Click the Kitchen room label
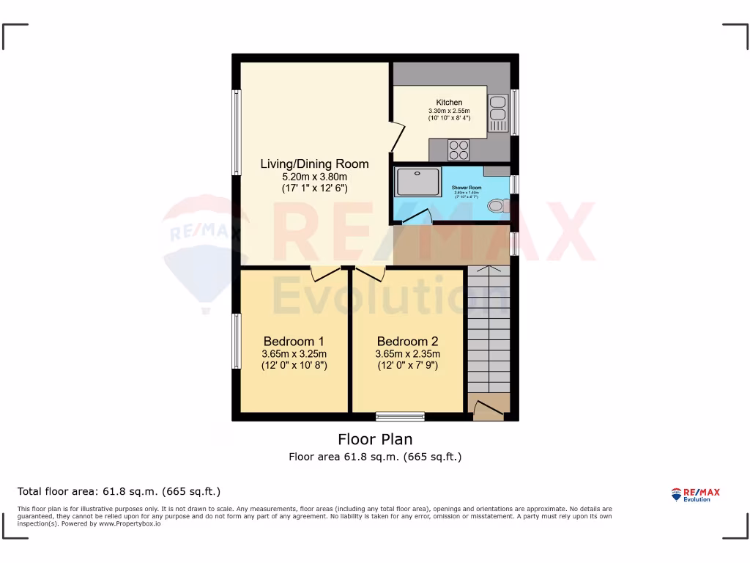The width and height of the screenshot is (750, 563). (449, 102)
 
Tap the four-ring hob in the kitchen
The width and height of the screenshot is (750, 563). (459, 150)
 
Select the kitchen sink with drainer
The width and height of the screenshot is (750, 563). (497, 113)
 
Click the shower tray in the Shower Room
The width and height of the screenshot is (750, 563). (419, 182)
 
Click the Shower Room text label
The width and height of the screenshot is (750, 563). (467, 188)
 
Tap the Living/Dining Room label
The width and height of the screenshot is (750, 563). (314, 163)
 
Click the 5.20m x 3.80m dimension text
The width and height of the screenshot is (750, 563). (314, 176)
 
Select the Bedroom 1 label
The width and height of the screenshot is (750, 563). (294, 341)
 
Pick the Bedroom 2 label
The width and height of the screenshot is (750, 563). (407, 341)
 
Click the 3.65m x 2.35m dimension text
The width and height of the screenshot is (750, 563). (407, 353)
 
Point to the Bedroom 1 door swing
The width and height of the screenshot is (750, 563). (325, 273)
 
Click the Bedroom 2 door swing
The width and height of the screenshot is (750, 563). (371, 273)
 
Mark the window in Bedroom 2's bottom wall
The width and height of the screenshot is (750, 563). (400, 416)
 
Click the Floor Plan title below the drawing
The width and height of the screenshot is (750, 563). (374, 439)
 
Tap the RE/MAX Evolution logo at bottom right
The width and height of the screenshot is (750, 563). (695, 495)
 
